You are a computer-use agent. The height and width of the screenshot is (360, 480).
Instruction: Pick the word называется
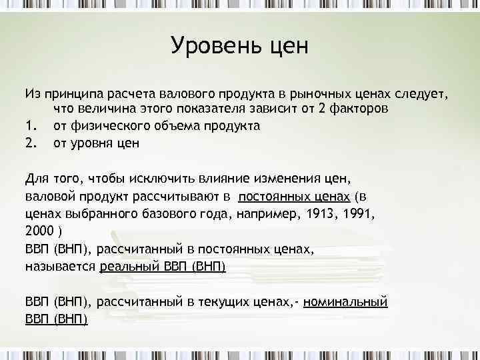pyautogui.click(x=61, y=267)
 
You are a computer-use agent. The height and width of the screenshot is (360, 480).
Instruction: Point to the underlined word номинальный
pyautogui.click(x=345, y=302)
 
